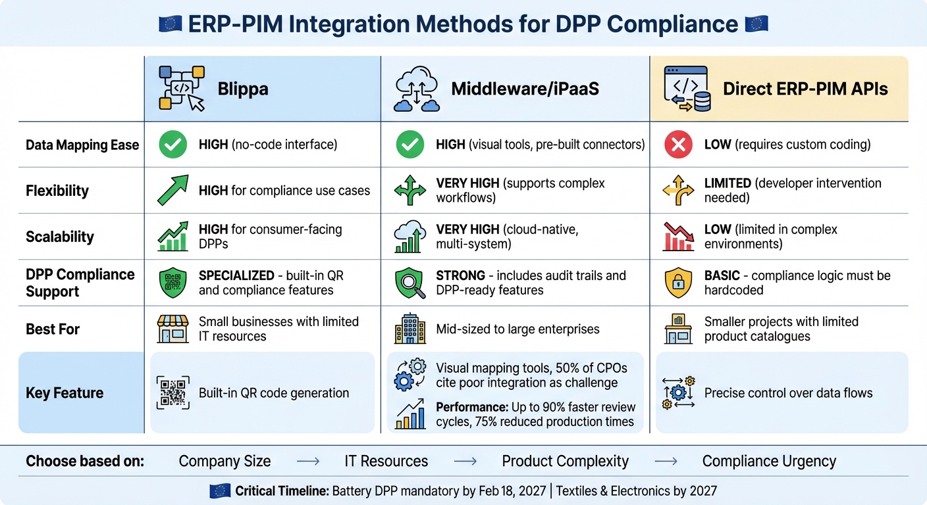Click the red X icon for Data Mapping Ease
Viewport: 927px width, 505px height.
pyautogui.click(x=678, y=145)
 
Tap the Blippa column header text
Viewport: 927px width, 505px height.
pyautogui.click(x=243, y=89)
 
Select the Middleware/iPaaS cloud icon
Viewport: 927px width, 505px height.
pyautogui.click(x=416, y=89)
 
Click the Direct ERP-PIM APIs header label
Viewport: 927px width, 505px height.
pyautogui.click(x=805, y=89)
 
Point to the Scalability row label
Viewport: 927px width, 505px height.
pyautogui.click(x=60, y=237)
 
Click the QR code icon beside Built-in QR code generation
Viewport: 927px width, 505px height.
pyautogui.click(x=173, y=393)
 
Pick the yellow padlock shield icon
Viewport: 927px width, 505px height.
pyautogui.click(x=678, y=283)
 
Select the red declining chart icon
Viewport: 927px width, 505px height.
pyautogui.click(x=678, y=237)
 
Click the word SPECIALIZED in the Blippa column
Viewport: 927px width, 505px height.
pyautogui.click(x=236, y=276)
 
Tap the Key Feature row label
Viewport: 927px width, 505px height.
pyautogui.click(x=65, y=393)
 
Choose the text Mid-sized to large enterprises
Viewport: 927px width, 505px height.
pyautogui.click(x=517, y=329)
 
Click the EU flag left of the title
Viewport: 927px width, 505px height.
pyautogui.click(x=171, y=24)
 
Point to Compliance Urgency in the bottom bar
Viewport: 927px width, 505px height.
pyautogui.click(x=769, y=462)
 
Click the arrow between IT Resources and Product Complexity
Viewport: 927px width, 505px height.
pyautogui.click(x=465, y=462)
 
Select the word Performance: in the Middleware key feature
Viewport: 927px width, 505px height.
pyautogui.click(x=471, y=407)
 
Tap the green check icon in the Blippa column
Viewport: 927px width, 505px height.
pyautogui.click(x=173, y=145)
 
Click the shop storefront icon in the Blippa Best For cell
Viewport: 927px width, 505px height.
pyautogui.click(x=173, y=329)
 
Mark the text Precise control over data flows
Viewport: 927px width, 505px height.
pyautogui.click(x=788, y=393)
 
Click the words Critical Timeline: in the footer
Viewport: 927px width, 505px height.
pyautogui.click(x=282, y=491)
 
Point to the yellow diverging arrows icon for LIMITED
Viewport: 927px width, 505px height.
pyautogui.click(x=678, y=191)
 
